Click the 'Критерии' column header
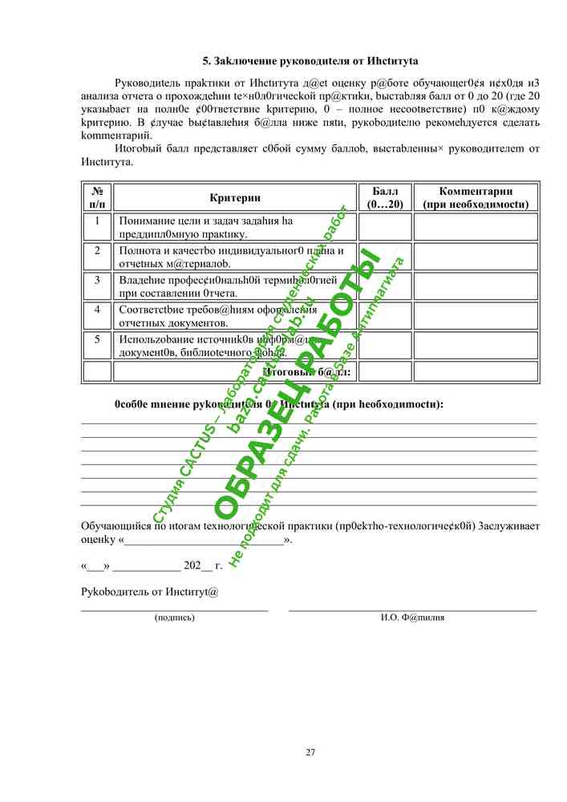point(235,198)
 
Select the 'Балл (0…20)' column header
point(384,198)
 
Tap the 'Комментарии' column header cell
point(476,198)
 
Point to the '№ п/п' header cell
point(97,198)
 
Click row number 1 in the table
point(97,221)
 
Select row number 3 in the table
point(97,281)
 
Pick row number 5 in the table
point(97,339)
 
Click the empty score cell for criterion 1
point(384,227)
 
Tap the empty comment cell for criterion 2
point(476,257)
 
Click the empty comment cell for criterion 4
point(476,316)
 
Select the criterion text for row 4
point(217,316)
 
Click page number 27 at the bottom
point(310,751)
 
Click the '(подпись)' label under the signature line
point(174,618)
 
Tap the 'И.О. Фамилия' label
point(412,618)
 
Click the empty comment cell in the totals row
point(476,371)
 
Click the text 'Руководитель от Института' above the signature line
point(150,592)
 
